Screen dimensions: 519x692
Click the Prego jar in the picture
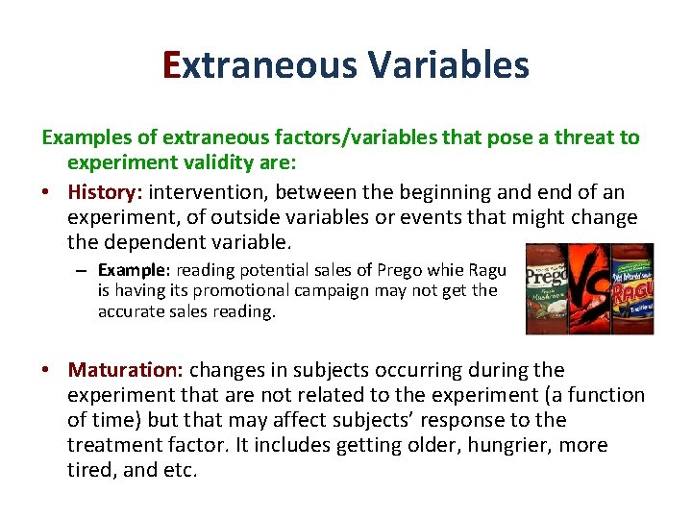pyautogui.click(x=549, y=288)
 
